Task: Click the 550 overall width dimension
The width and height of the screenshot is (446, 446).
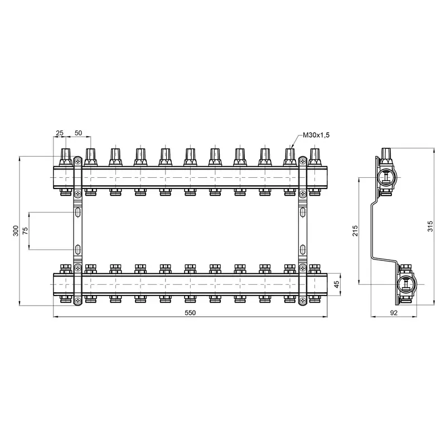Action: [x=190, y=313]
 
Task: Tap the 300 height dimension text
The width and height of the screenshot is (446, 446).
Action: [x=16, y=231]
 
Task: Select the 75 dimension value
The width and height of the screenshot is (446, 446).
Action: [x=26, y=231]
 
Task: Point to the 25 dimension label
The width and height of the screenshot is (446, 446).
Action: [x=60, y=133]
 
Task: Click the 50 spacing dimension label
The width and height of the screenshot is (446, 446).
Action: [x=78, y=133]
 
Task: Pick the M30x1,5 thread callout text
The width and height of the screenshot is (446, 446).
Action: [x=316, y=135]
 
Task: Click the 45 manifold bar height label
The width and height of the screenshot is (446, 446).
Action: [x=337, y=284]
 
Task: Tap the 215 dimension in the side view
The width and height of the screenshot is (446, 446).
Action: [x=355, y=231]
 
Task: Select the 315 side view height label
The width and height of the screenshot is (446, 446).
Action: [x=430, y=226]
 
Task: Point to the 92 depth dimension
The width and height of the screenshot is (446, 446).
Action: [x=394, y=313]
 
